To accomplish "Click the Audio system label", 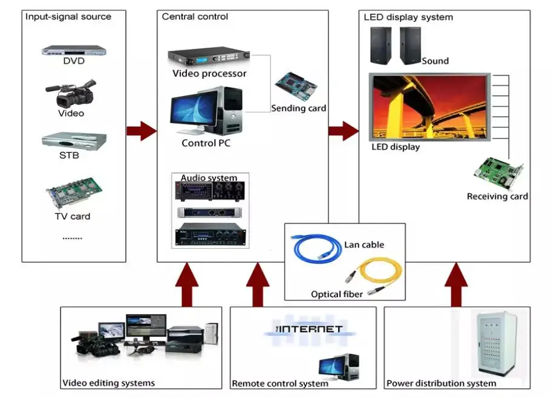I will [x=209, y=178].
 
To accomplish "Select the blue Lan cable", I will [x=317, y=247].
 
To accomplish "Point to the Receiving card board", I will [x=499, y=173].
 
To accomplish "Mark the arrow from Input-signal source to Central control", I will [x=142, y=130].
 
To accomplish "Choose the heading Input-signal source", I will [x=68, y=16].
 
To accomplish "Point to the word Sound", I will [x=435, y=61].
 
